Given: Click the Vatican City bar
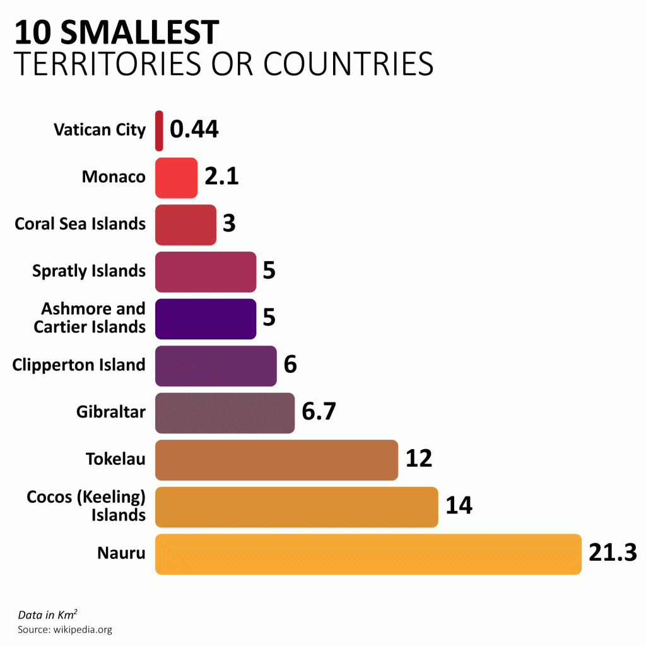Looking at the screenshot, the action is pos(159,131).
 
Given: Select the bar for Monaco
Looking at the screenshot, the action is pos(177,178).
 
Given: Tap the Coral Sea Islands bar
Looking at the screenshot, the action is pos(186,225).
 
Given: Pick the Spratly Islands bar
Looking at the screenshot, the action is pos(206,272).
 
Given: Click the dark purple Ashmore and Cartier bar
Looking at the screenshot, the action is pos(206,319).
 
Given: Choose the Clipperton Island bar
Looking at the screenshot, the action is pos(216,366).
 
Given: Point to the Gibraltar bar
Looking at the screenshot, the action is pos(225,413).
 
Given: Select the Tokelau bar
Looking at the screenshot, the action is pos(277,460).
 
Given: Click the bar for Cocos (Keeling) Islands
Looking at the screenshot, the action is pos(297,507).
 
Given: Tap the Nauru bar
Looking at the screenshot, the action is pos(368,554).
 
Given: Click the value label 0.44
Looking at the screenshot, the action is pos(194,129).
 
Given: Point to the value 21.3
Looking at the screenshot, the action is pos(613,552).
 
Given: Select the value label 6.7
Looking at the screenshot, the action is pos(319,411).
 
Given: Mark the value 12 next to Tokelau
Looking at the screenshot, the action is pos(419,458).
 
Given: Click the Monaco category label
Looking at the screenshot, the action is pos(114,177).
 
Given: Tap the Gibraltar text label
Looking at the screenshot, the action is pos(111,411).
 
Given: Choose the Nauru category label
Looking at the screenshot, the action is pos(122,553).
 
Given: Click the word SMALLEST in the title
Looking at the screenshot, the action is pos(140,32).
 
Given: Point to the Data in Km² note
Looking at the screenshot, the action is pos(48,614).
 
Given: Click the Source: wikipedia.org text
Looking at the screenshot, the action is pos(65,630).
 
